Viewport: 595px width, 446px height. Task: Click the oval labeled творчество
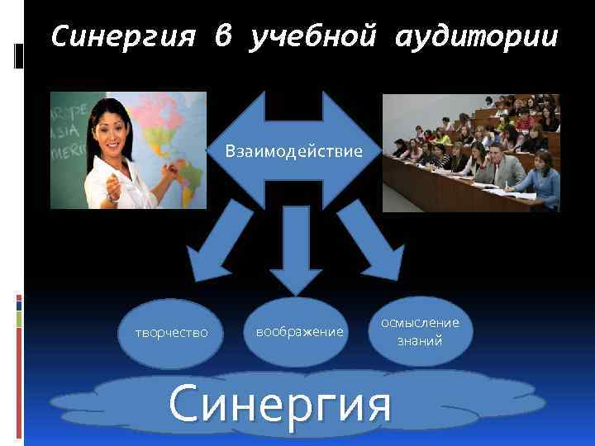point(171,332)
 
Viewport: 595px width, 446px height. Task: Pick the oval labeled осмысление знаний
point(420,331)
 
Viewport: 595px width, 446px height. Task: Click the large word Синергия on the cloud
point(279,404)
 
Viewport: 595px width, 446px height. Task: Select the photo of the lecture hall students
point(470,152)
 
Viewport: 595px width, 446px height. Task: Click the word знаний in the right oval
point(420,339)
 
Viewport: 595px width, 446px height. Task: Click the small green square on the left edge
point(19,318)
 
